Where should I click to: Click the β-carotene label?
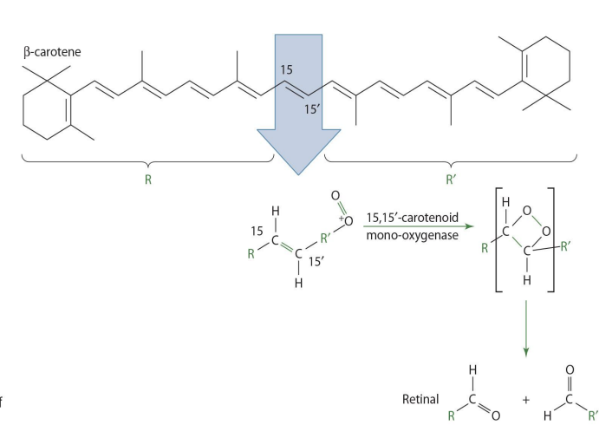tap(52, 52)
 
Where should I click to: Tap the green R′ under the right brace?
tap(451, 183)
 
